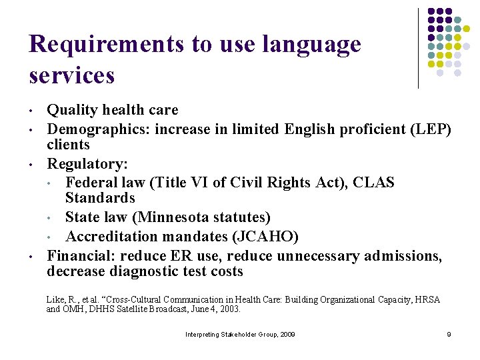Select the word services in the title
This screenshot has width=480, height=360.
click(72, 75)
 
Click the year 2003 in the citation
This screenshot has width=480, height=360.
click(230, 309)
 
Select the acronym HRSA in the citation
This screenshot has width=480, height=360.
click(425, 300)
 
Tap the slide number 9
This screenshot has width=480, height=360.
click(449, 334)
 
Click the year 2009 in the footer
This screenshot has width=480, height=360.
click(287, 334)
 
